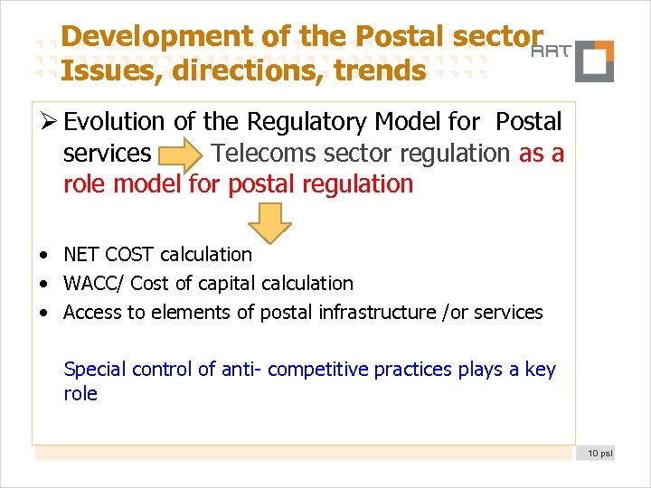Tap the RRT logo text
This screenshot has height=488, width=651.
point(550,52)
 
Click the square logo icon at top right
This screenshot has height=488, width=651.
point(594,61)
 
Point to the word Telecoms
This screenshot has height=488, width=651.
point(255,154)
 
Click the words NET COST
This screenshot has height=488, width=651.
point(108,255)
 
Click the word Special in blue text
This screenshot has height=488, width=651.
point(95,369)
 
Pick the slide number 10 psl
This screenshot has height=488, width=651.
point(599,452)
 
